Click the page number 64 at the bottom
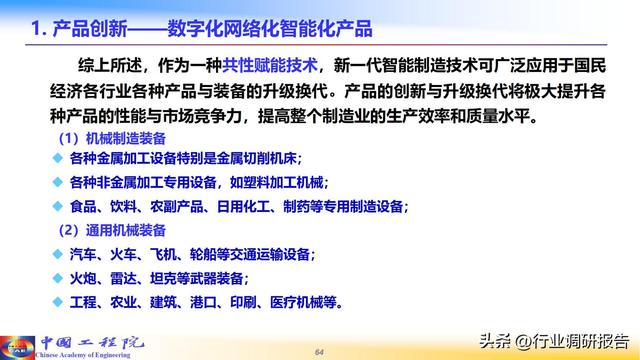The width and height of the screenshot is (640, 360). (320, 351)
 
